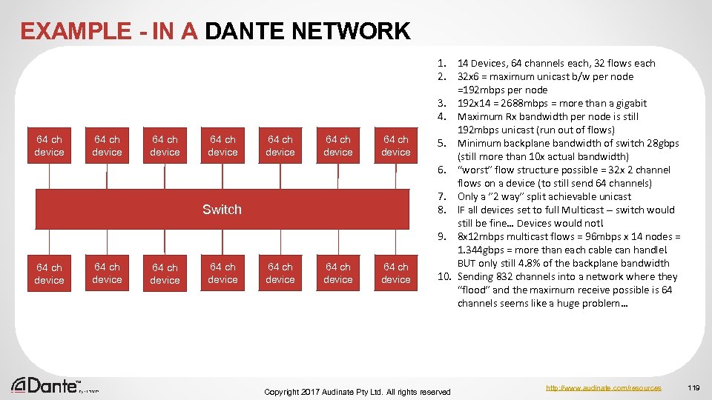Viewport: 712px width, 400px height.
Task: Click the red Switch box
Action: (222, 209)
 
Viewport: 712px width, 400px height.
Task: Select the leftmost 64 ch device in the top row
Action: (49, 145)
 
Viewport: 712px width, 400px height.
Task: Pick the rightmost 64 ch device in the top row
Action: (396, 145)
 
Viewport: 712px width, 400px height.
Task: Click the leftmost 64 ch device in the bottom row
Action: (49, 273)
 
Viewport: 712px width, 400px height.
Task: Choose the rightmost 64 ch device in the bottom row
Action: (396, 273)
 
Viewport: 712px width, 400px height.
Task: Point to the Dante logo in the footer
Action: (46, 385)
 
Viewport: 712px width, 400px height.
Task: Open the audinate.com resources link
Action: (603, 387)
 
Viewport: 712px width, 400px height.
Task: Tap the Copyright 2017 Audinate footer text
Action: (357, 391)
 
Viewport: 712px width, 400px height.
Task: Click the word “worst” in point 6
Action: (474, 170)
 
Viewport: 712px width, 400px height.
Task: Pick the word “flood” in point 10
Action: (473, 290)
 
